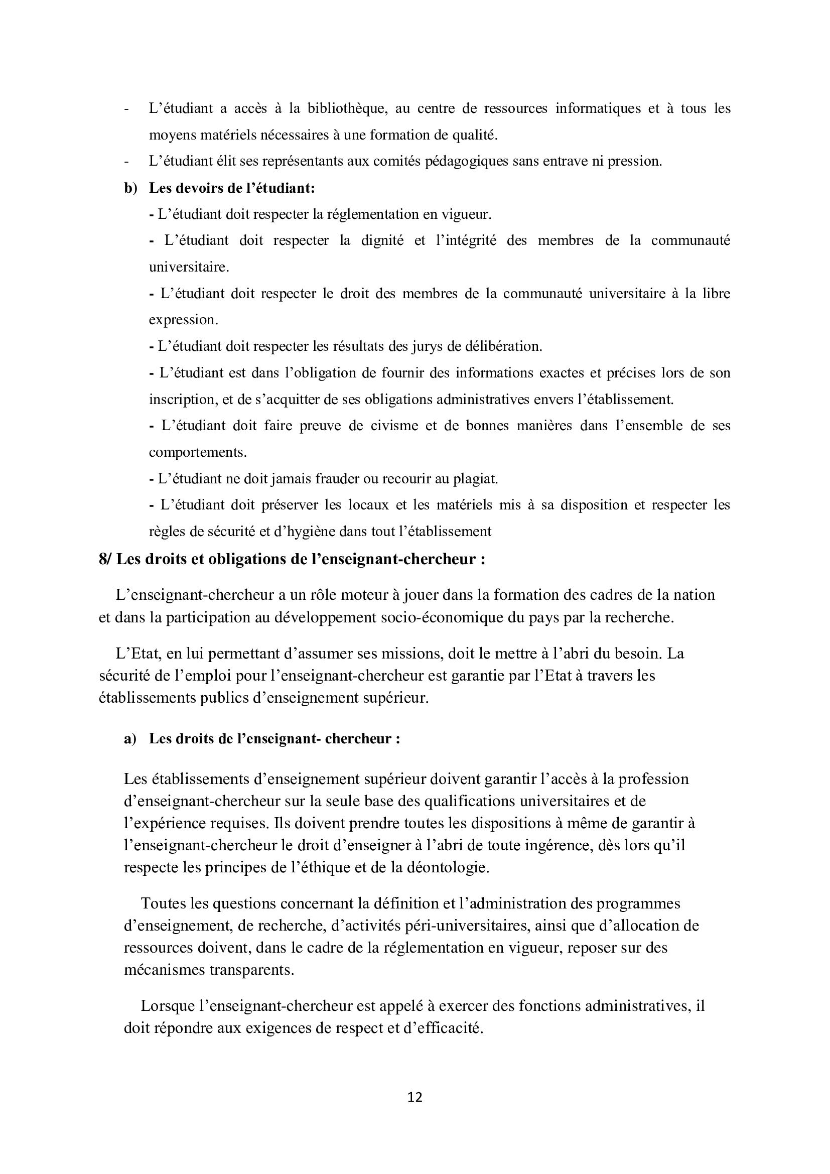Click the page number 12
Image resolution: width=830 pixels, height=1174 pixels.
click(415, 1097)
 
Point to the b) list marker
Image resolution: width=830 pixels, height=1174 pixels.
click(131, 188)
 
